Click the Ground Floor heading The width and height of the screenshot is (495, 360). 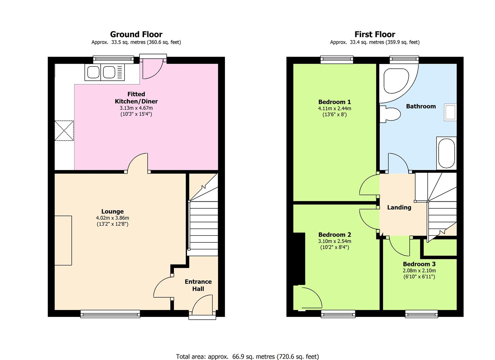click(136, 34)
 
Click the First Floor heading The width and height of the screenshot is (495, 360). click(375, 34)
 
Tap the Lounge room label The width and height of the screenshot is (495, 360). click(112, 211)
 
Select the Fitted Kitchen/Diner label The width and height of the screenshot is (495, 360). click(136, 98)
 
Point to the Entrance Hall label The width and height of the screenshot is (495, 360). click(198, 285)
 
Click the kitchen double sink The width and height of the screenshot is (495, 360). click(104, 73)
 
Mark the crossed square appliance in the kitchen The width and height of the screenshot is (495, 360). click(64, 131)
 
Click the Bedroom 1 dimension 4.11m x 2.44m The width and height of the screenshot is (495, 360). click(334, 108)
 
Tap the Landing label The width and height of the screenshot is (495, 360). click(399, 207)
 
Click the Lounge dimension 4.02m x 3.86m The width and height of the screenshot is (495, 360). click(112, 218)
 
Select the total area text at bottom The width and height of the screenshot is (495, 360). click(247, 356)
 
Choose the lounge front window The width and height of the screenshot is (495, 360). click(110, 313)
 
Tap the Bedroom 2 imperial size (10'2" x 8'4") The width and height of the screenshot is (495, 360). click(334, 247)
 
